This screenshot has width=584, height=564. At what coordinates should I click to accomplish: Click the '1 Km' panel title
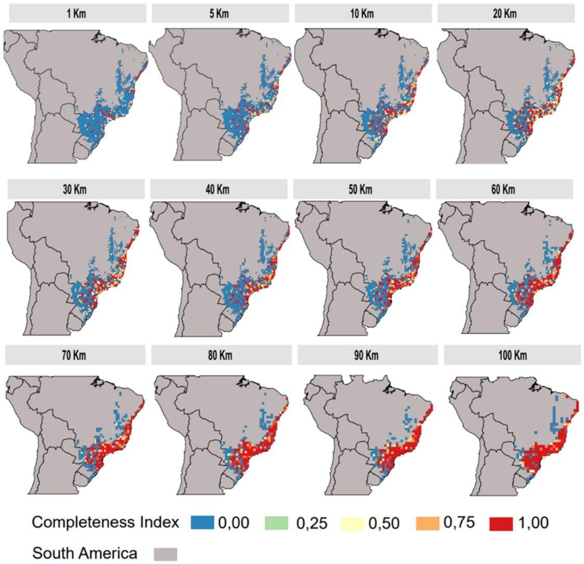point(77,14)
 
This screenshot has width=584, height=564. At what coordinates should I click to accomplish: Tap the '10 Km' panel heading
point(363,14)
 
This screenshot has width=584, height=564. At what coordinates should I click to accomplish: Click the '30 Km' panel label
point(76,189)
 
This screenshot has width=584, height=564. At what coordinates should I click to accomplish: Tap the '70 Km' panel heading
point(75,356)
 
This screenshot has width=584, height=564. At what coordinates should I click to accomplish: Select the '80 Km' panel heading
point(221,356)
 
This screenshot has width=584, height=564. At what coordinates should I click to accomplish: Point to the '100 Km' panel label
point(512,356)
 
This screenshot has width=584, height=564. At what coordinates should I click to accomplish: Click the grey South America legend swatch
point(166,554)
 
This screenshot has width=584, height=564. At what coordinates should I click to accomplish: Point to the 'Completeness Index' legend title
point(106,522)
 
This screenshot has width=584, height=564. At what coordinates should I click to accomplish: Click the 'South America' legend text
point(85,554)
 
